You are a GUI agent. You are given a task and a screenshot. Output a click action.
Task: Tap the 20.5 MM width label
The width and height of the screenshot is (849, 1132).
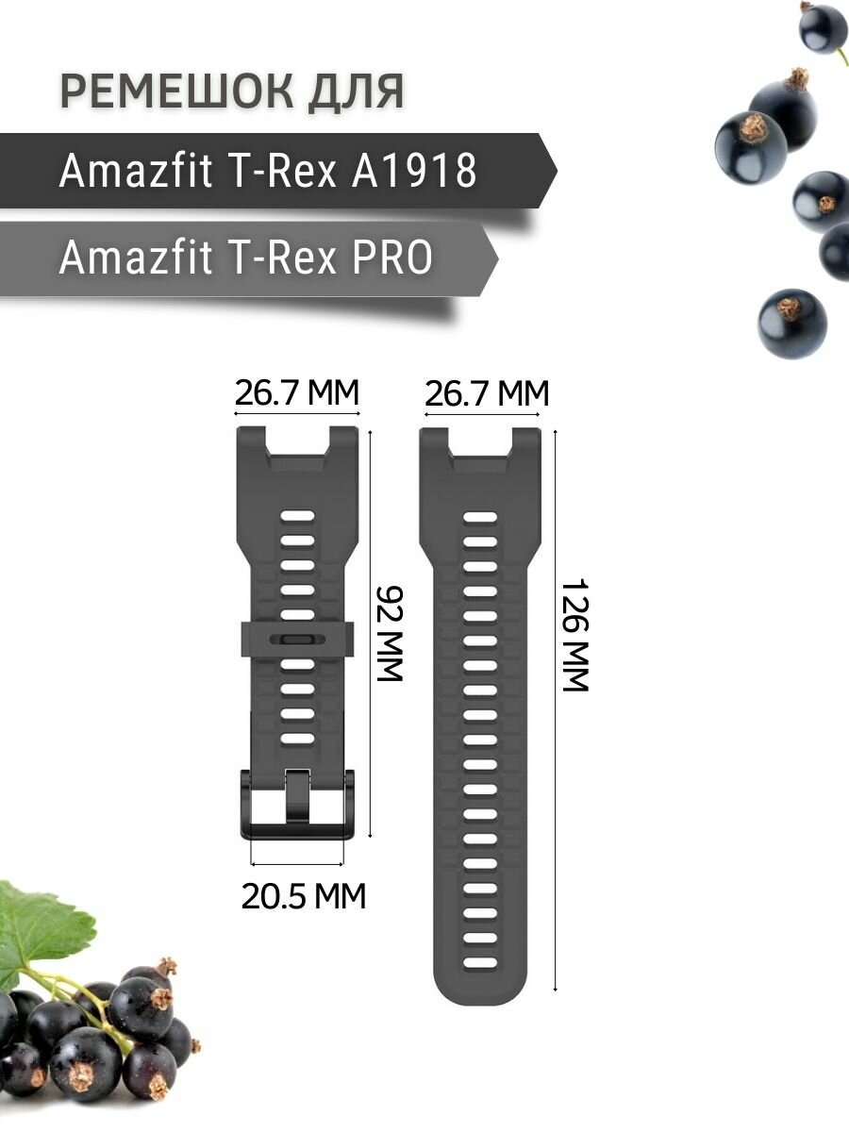(303, 895)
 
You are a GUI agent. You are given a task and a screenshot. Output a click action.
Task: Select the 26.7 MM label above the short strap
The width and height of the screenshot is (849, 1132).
(297, 392)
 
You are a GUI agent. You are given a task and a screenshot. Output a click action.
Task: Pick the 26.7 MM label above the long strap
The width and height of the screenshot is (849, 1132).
(486, 392)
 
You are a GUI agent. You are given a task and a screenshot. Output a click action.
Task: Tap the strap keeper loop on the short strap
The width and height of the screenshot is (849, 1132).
(297, 639)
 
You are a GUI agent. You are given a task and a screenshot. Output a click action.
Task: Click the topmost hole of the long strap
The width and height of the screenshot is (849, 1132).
(481, 518)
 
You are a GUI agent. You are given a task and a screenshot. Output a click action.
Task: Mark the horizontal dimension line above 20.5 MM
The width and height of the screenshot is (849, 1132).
(297, 863)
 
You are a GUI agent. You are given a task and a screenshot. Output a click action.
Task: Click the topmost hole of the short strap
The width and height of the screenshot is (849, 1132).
(297, 518)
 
